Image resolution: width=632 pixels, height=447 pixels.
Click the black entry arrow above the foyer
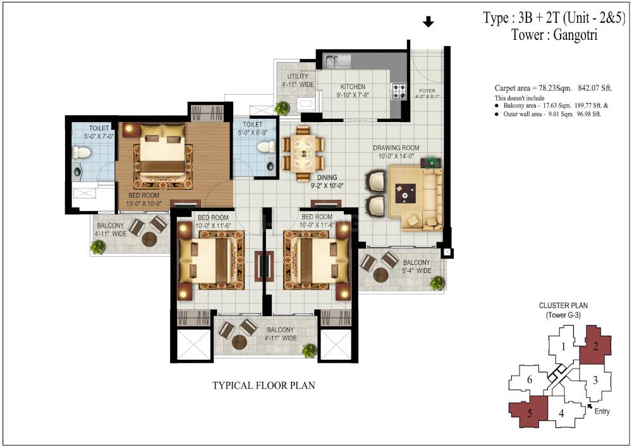(428, 21)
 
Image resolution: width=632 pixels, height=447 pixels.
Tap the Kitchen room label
(353, 87)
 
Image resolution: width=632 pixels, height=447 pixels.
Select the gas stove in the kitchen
(399, 91)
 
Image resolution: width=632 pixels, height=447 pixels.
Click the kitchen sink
(337, 61)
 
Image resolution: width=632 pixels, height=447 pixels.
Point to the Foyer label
(427, 90)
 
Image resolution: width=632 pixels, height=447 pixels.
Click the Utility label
(298, 76)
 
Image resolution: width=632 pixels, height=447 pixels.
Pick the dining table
(303, 153)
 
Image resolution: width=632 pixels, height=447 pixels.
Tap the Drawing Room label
(396, 148)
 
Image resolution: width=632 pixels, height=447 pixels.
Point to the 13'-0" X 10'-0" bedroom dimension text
(144, 204)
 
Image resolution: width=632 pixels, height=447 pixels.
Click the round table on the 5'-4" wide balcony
(381, 275)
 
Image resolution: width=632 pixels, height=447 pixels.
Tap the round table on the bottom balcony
(240, 342)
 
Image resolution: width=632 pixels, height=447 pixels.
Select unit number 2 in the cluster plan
(596, 346)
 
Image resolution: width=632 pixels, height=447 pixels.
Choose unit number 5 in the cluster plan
(530, 413)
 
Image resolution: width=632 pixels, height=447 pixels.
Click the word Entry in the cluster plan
(602, 411)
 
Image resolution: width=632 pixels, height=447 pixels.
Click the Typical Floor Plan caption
(264, 385)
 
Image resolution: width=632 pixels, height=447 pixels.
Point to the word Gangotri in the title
(575, 35)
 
